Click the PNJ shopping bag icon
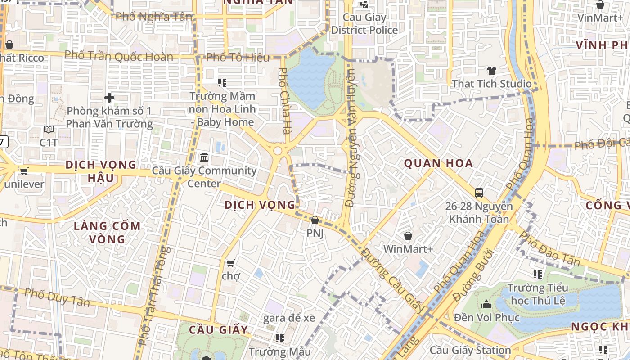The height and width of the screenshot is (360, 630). click(x=315, y=220)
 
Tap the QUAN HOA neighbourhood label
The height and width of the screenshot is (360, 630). click(x=438, y=163)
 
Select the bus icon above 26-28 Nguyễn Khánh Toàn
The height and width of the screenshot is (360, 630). click(x=479, y=193)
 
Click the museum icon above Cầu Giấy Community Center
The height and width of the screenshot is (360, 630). click(x=204, y=157)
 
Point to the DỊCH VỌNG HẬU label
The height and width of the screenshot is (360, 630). click(x=101, y=171)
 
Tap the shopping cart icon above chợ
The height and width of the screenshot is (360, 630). click(x=231, y=263)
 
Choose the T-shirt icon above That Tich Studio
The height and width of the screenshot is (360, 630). click(x=491, y=71)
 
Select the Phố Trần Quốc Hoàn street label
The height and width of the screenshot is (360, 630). click(x=119, y=56)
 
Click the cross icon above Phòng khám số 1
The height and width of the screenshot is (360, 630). click(x=109, y=97)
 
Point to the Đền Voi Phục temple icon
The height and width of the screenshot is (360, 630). click(x=486, y=305)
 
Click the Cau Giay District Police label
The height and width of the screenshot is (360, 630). click(x=364, y=24)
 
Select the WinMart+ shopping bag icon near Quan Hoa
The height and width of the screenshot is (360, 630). click(x=408, y=236)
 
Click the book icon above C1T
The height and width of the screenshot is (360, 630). click(x=49, y=130)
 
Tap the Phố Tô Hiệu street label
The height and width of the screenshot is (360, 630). click(x=238, y=57)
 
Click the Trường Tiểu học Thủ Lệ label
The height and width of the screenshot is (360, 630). click(x=538, y=294)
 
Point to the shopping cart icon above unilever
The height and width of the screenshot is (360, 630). click(x=24, y=171)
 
